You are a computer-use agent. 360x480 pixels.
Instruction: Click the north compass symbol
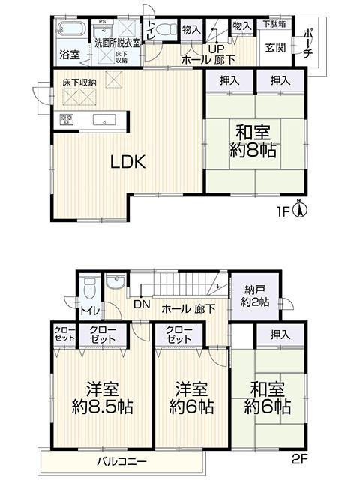click(x=298, y=208)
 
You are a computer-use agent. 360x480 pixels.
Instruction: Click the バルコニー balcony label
click(x=121, y=460)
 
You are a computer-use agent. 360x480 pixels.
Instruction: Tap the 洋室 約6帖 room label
click(x=190, y=398)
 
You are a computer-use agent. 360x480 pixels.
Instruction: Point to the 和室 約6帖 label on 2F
click(x=268, y=398)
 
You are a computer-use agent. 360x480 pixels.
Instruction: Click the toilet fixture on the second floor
click(x=89, y=287)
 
